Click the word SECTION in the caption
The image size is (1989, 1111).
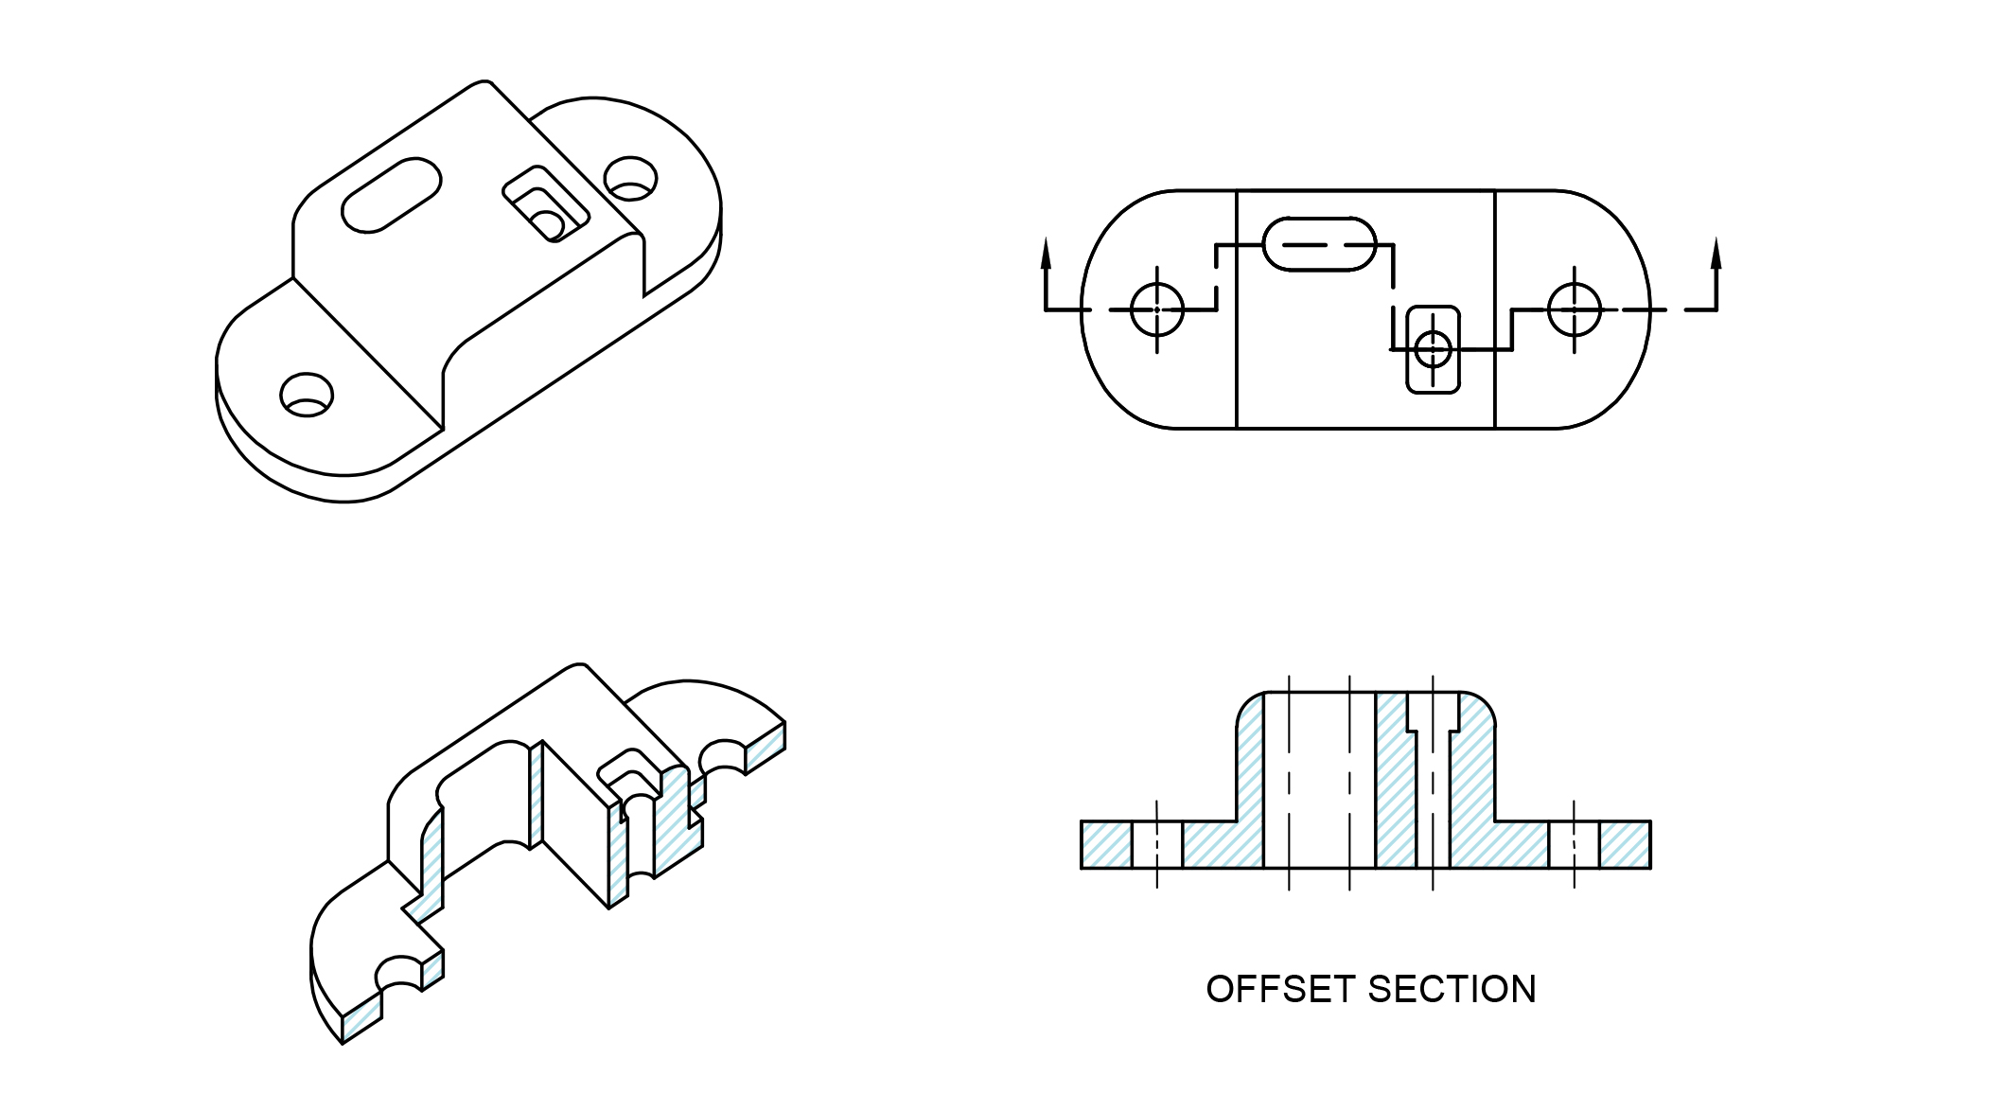pyautogui.click(x=1452, y=990)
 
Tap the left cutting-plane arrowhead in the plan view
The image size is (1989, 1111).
pyautogui.click(x=1046, y=251)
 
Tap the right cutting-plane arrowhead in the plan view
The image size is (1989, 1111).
pyautogui.click(x=1716, y=251)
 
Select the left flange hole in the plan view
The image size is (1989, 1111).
pyautogui.click(x=1157, y=309)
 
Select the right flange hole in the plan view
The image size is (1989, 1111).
pyautogui.click(x=1575, y=309)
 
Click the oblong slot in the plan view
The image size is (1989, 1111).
pyautogui.click(x=1319, y=244)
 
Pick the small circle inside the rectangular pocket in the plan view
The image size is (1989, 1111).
pyautogui.click(x=1434, y=349)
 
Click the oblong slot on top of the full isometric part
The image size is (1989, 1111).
pyautogui.click(x=391, y=194)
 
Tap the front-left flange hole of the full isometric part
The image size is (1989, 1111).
pyautogui.click(x=307, y=394)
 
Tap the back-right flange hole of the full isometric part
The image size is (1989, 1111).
pyautogui.click(x=630, y=178)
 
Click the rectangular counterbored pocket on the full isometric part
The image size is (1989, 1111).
pyautogui.click(x=546, y=204)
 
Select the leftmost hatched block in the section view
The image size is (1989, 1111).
pyautogui.click(x=1106, y=844)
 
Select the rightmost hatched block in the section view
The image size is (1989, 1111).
pyautogui.click(x=1625, y=844)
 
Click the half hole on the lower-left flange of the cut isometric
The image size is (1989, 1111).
pyautogui.click(x=400, y=973)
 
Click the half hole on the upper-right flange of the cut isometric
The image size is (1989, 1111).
pyautogui.click(x=722, y=753)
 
